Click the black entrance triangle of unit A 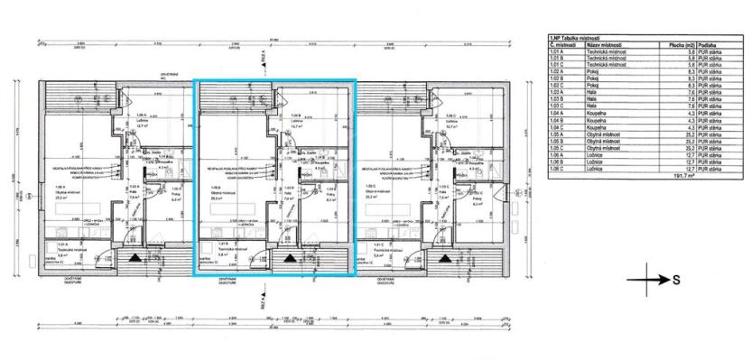tap(134, 258)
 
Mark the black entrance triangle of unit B tap(290, 258)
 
